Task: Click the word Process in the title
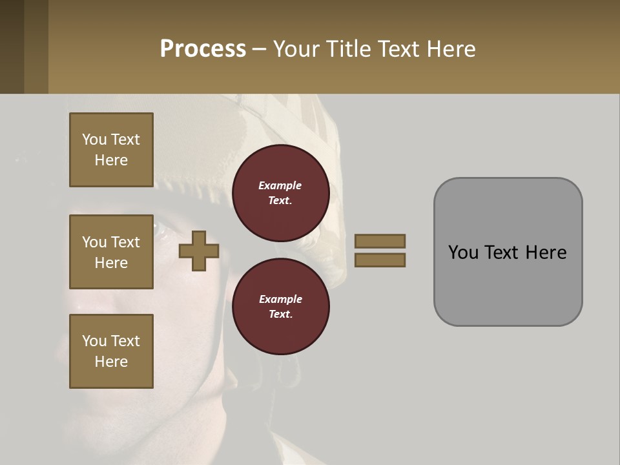203,49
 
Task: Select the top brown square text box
111,150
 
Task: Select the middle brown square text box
111,252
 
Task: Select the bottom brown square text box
111,351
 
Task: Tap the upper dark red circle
280,193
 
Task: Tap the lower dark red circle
280,307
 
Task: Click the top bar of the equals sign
380,241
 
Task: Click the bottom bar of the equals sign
380,260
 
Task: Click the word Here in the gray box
546,253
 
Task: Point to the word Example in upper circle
280,185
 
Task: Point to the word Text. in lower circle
280,315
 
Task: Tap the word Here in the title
451,49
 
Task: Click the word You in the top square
94,139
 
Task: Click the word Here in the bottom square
111,362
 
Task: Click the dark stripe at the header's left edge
12,46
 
